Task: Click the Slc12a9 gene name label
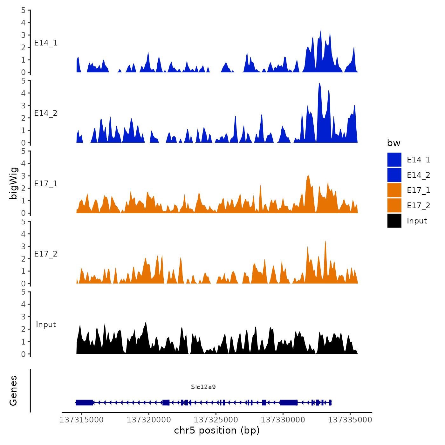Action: click(203, 387)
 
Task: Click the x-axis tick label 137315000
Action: click(82, 420)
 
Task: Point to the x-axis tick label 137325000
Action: click(216, 420)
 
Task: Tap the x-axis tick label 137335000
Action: click(350, 420)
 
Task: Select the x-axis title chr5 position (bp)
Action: click(217, 431)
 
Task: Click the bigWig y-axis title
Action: click(14, 183)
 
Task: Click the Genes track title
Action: click(14, 391)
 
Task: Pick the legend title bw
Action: click(394, 143)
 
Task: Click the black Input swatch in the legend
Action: click(394, 221)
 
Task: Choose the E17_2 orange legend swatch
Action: click(394, 206)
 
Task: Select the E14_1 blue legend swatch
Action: click(394, 160)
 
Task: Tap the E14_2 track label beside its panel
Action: click(46, 113)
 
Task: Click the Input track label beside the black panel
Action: click(46, 325)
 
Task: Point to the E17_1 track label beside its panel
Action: click(46, 184)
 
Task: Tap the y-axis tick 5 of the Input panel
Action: click(24, 292)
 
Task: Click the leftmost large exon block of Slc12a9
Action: click(84, 402)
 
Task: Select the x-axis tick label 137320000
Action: click(149, 420)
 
